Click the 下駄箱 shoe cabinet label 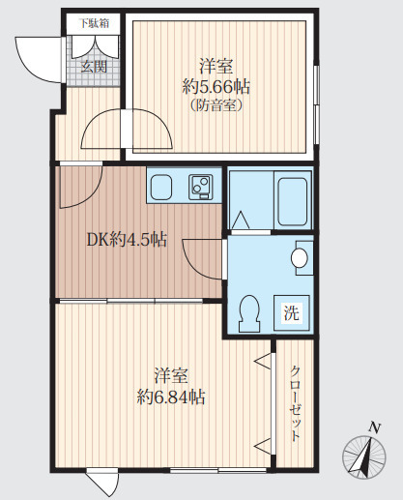[x=94, y=23]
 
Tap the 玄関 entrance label [x=94, y=67]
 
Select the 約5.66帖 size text [x=216, y=86]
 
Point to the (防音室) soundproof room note [x=216, y=105]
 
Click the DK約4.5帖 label [x=127, y=240]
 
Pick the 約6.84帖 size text [x=171, y=397]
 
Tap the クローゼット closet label [x=295, y=403]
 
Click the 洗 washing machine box [x=292, y=312]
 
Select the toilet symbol [x=249, y=313]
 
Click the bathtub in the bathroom [x=293, y=201]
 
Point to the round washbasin [x=300, y=258]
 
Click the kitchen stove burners [x=200, y=187]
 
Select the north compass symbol [x=364, y=457]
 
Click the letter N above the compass [x=375, y=427]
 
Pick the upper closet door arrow [x=263, y=361]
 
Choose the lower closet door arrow [x=263, y=447]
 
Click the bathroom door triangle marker [x=241, y=220]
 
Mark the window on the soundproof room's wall [x=316, y=104]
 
